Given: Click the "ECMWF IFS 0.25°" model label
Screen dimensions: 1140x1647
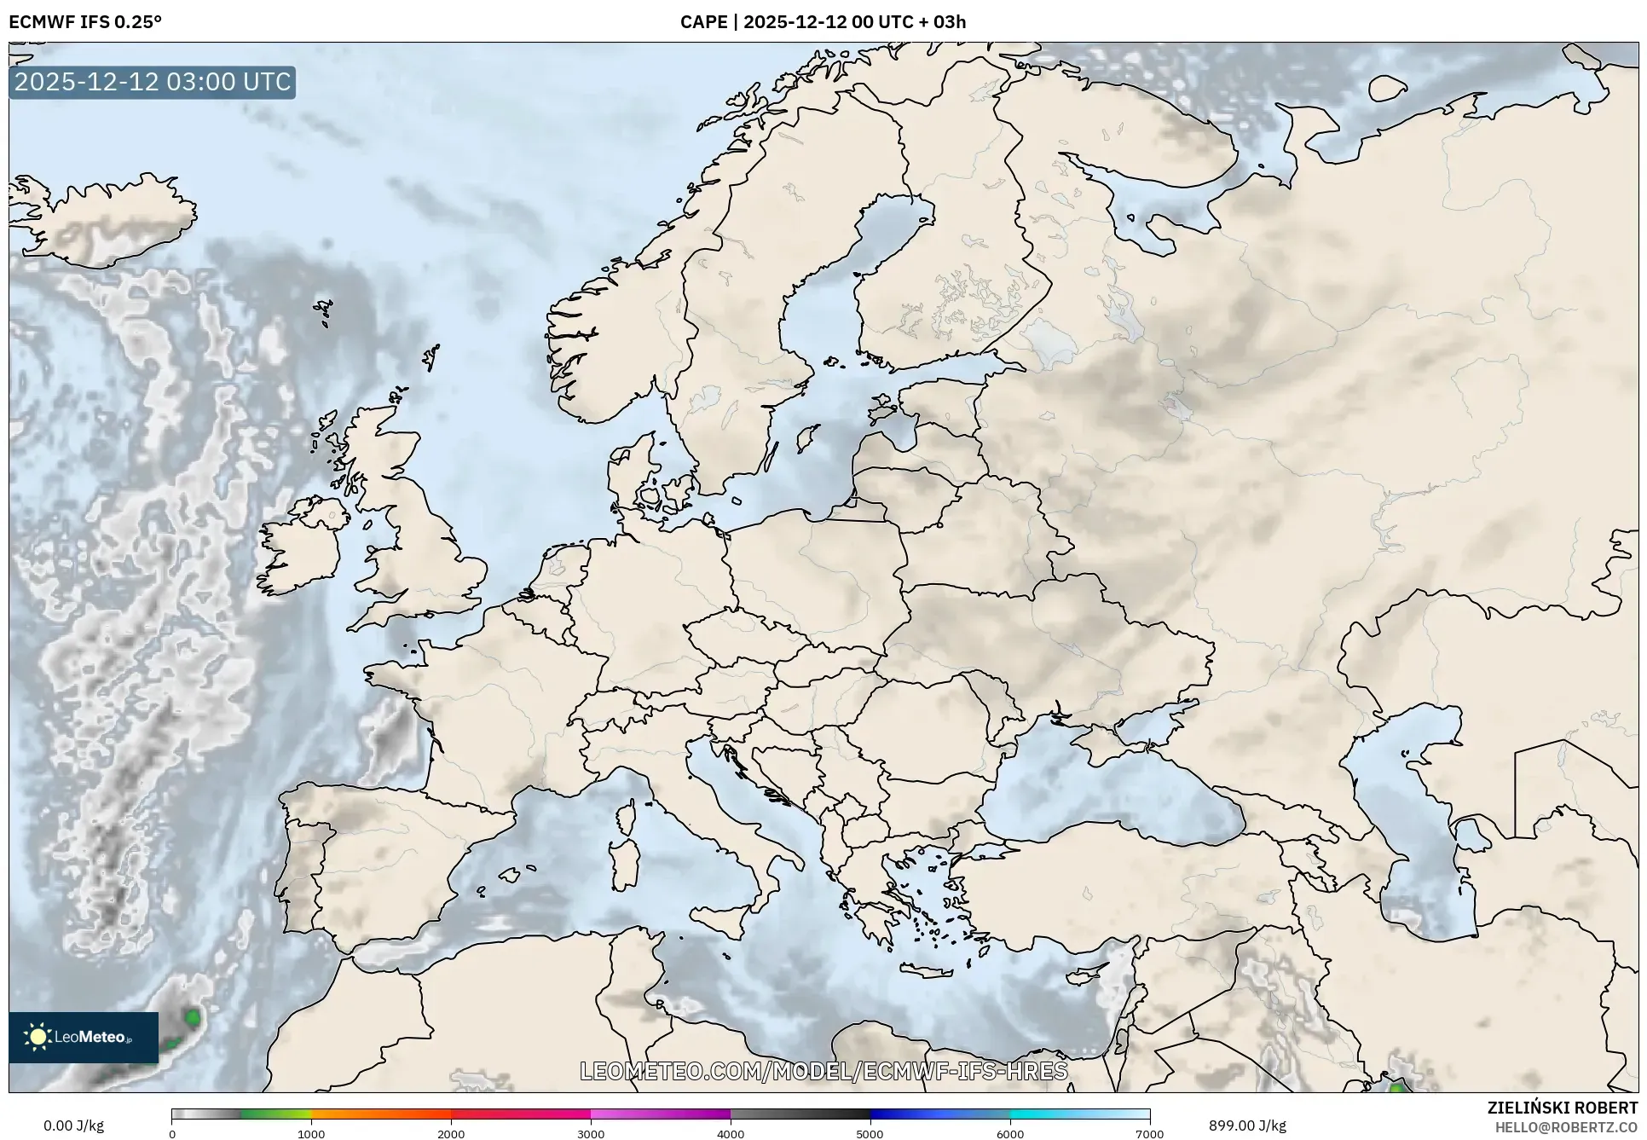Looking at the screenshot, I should (x=85, y=22).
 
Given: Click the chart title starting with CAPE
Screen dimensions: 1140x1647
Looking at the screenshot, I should (x=823, y=22).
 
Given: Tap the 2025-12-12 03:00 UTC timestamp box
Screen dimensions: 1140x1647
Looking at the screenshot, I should (x=153, y=82).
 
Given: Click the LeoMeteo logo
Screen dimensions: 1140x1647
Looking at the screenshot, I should (x=84, y=1037).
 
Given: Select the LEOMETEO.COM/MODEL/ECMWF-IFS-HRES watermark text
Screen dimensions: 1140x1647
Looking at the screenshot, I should (x=823, y=1071).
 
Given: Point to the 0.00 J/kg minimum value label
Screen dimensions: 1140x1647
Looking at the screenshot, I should (x=74, y=1126).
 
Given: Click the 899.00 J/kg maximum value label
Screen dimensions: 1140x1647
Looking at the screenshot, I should (x=1247, y=1126).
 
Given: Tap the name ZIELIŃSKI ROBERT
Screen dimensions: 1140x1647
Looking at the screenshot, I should (x=1563, y=1108).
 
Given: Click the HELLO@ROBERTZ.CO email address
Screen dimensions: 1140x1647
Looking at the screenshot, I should (x=1566, y=1128).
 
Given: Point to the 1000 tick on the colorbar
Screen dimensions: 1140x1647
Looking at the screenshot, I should (x=311, y=1134).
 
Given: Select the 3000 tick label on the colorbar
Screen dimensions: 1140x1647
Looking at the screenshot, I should (x=591, y=1134).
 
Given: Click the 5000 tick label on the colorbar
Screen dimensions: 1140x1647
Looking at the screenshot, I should (x=870, y=1134).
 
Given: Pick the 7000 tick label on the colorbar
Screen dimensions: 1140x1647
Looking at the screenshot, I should (x=1149, y=1134).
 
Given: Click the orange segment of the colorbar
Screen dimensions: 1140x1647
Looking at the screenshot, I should (x=381, y=1114).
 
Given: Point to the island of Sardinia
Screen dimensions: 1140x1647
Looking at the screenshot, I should (x=625, y=863).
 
